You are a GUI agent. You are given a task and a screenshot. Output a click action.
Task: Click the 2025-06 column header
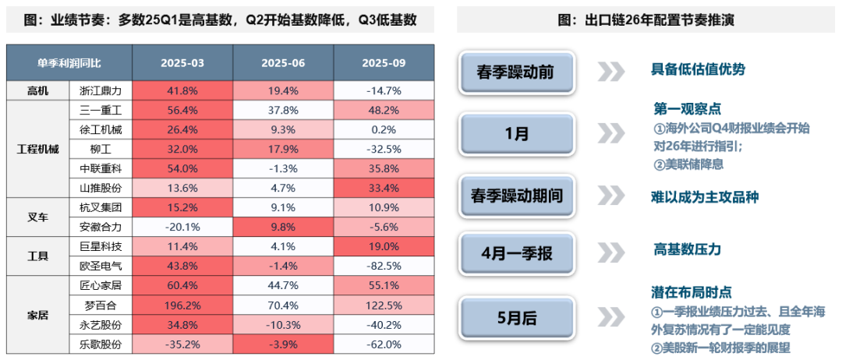(283, 62)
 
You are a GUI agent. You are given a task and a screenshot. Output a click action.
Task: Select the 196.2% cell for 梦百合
(182, 305)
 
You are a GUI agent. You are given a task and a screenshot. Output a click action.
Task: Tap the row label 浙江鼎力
(101, 90)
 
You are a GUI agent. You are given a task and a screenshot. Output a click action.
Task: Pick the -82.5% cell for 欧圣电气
(384, 266)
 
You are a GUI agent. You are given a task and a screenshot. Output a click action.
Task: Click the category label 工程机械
(38, 149)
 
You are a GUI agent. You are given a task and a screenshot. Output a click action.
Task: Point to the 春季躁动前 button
(516, 72)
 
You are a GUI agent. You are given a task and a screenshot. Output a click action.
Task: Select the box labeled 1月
(516, 133)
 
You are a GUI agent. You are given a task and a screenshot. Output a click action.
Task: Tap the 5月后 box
(516, 317)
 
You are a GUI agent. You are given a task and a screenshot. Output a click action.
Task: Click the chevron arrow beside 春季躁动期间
(611, 195)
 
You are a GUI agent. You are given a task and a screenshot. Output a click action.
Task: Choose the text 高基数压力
(687, 250)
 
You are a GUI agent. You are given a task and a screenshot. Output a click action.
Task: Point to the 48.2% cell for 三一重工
(384, 110)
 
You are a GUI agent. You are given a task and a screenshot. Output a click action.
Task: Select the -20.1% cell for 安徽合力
(182, 227)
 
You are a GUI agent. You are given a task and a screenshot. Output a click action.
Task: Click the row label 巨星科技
(101, 246)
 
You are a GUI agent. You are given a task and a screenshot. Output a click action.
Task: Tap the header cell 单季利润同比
(69, 62)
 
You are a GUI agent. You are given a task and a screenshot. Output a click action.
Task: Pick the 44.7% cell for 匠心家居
(283, 285)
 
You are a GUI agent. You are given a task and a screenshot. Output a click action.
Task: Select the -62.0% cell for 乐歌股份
(384, 344)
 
